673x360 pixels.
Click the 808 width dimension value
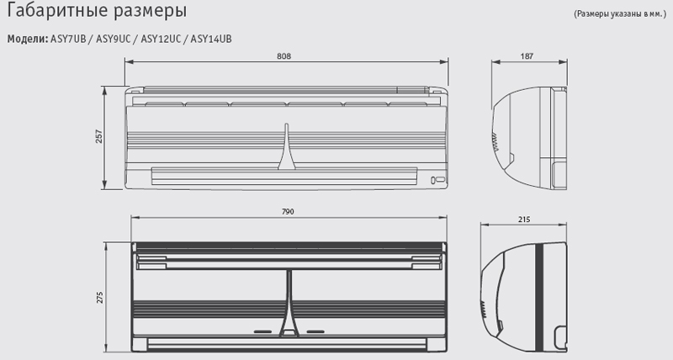[x=284, y=56]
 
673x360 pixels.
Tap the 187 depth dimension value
[x=527, y=56]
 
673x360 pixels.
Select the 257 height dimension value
[x=99, y=136]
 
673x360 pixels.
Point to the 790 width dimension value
[x=288, y=211]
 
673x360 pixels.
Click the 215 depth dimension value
[x=524, y=220]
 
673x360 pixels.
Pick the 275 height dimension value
[x=99, y=298]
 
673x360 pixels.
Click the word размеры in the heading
[x=151, y=12]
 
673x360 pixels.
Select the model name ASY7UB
[x=68, y=39]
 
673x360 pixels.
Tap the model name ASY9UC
[x=113, y=39]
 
